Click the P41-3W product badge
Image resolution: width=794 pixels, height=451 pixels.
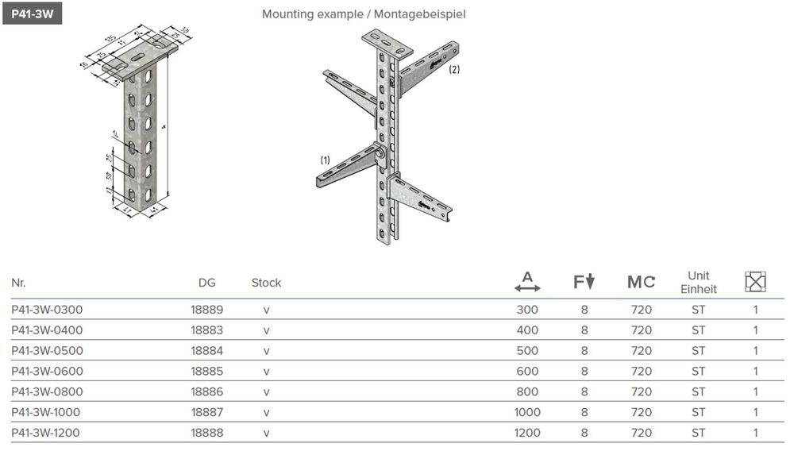32,13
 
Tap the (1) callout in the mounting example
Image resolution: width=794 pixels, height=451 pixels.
325,160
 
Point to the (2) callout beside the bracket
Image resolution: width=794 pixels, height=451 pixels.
454,70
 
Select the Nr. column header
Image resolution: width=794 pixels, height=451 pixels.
18,283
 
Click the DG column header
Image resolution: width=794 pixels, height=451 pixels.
206,283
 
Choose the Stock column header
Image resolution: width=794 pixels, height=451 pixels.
266,283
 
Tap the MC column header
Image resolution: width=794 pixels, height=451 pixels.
641,283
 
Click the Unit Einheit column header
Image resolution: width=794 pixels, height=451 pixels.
698,283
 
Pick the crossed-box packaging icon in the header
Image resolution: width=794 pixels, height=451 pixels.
755,282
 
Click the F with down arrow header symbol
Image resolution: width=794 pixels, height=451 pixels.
584,282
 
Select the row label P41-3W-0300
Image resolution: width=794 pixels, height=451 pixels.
47,310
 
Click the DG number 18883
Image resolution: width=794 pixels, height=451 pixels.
206,330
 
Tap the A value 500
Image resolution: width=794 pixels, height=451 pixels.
527,351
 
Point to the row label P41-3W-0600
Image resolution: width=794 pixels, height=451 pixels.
47,372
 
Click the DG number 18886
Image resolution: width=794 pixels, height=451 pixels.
206,392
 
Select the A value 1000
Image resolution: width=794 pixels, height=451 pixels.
527,413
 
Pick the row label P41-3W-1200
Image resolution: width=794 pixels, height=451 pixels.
47,434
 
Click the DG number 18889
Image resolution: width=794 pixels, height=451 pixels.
206,310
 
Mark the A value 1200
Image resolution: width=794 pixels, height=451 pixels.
527,434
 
